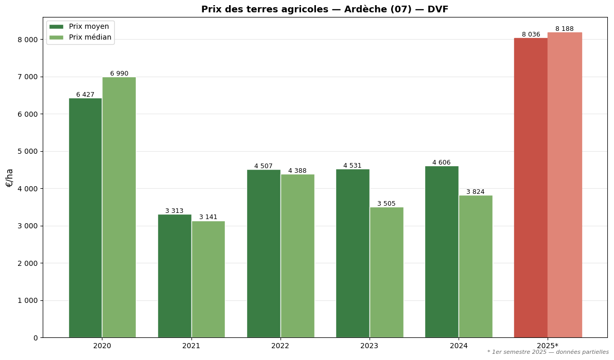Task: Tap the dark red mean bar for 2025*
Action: [531, 188]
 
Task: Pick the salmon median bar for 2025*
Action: [565, 185]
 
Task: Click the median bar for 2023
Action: [387, 272]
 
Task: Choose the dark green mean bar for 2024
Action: [442, 251]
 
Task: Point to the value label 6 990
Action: [119, 74]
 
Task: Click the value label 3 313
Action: [174, 211]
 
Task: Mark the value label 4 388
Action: [297, 171]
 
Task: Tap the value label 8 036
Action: [531, 34]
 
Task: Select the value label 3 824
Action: [475, 192]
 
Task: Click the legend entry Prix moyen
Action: [89, 27]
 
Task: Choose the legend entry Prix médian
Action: [90, 38]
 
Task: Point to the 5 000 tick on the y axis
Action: [25, 152]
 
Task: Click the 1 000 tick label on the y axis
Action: [25, 301]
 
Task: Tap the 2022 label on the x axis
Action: [280, 346]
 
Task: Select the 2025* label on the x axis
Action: [548, 346]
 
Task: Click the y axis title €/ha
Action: [9, 177]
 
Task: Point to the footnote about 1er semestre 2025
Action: [548, 352]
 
